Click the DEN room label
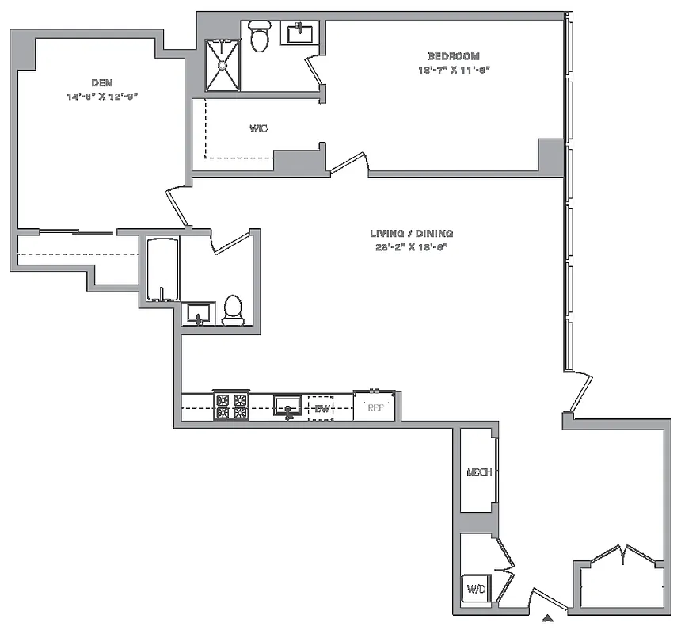pos(101,82)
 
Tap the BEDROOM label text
pos(454,56)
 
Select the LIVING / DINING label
pos(411,234)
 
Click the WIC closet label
pos(258,128)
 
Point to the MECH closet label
pos(479,472)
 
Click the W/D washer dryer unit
pos(477,590)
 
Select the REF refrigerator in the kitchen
pos(375,408)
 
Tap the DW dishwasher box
pos(321,408)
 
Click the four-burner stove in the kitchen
pos(231,407)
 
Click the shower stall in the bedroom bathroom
pos(223,65)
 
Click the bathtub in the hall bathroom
pos(163,269)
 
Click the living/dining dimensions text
pos(411,247)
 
